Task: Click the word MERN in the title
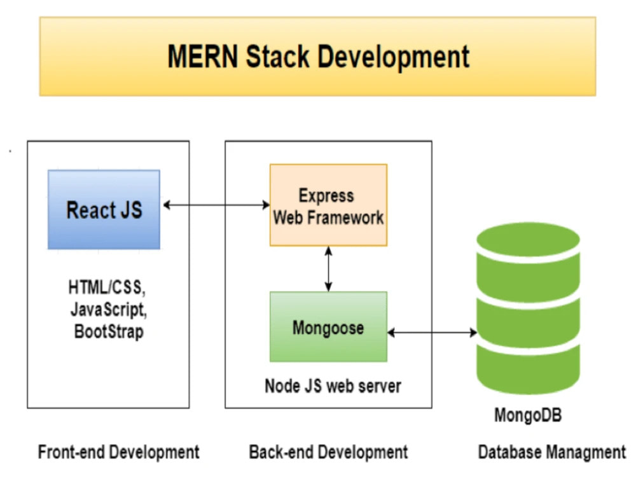[203, 57]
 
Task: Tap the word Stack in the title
[277, 57]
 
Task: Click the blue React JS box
[104, 209]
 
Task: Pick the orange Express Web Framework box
[329, 205]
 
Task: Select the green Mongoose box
[329, 326]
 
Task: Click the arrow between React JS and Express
[216, 205]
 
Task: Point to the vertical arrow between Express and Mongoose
[329, 269]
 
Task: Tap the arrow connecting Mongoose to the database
[432, 333]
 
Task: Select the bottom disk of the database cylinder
[528, 369]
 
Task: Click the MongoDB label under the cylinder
[528, 415]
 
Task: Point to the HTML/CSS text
[107, 287]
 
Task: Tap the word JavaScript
[108, 310]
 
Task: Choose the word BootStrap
[109, 331]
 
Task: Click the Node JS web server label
[333, 386]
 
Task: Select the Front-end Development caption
[118, 452]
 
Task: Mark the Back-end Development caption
[329, 452]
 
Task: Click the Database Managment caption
[552, 452]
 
